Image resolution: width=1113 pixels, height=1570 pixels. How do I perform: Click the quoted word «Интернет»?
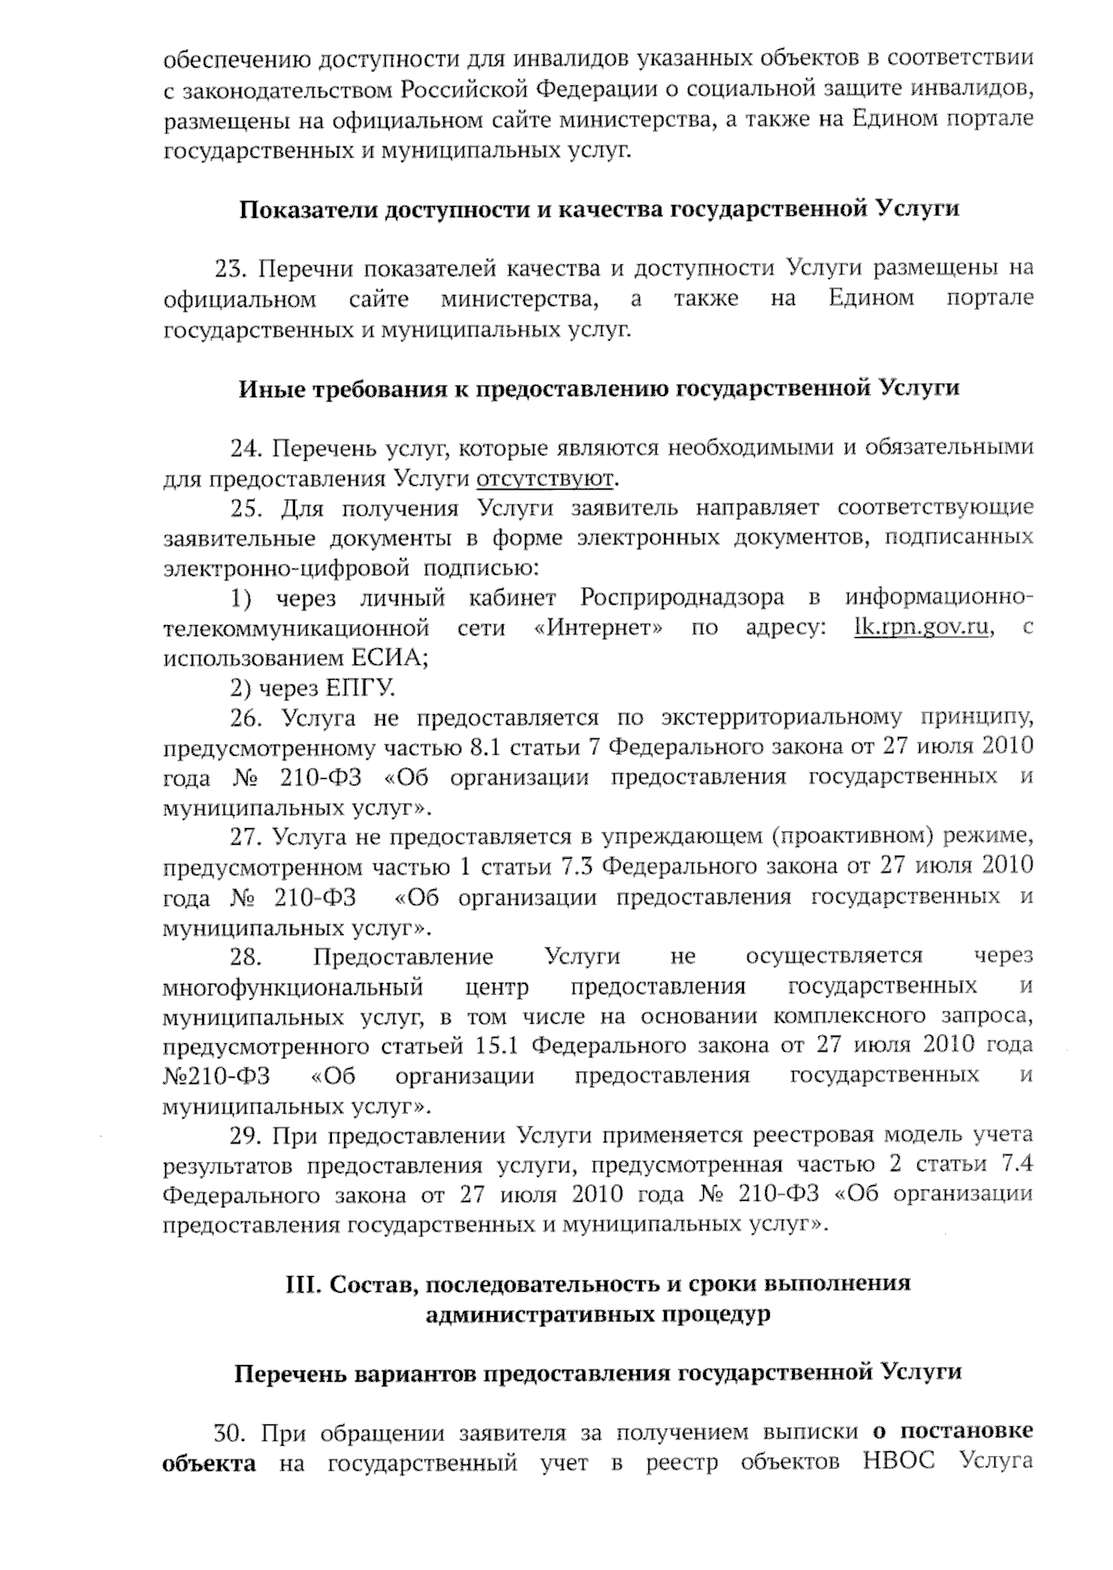(x=599, y=628)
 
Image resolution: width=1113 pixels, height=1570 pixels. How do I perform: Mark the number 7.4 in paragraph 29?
(x=1013, y=1165)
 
